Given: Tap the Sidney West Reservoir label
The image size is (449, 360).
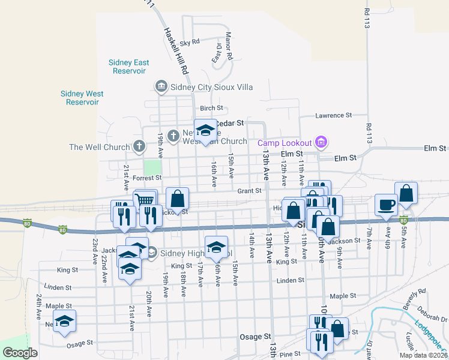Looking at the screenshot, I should pos(82,98).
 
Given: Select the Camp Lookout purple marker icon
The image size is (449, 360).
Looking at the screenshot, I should pos(321,142).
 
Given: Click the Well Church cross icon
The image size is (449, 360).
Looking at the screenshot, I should pos(139,146).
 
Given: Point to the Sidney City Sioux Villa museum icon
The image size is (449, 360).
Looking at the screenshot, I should pos(161,87).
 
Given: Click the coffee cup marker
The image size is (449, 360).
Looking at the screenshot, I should pos(385,205).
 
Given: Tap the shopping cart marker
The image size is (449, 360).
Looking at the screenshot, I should pos(145,200).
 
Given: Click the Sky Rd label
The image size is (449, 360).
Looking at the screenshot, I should pos(189,43).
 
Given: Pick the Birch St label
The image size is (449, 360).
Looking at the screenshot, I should pos(211,108).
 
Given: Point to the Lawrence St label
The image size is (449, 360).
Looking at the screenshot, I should pos(333,115).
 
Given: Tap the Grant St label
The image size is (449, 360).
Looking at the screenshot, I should pos(249,191).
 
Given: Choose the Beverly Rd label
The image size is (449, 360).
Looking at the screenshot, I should pos(414,298).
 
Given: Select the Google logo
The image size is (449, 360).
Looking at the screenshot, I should pos(20,353).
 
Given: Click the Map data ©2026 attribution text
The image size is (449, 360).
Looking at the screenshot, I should pos(423,355).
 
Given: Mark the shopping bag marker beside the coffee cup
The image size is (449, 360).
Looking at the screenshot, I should pos(406,193).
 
